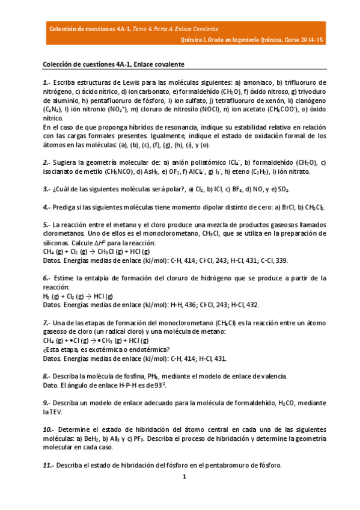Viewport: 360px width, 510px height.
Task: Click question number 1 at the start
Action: tap(46, 82)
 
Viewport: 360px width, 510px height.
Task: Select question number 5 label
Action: tap(46, 224)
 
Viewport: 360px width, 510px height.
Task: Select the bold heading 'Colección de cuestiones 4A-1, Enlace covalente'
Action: tap(114, 64)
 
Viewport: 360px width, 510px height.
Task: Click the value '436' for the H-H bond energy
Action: tap(188, 305)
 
